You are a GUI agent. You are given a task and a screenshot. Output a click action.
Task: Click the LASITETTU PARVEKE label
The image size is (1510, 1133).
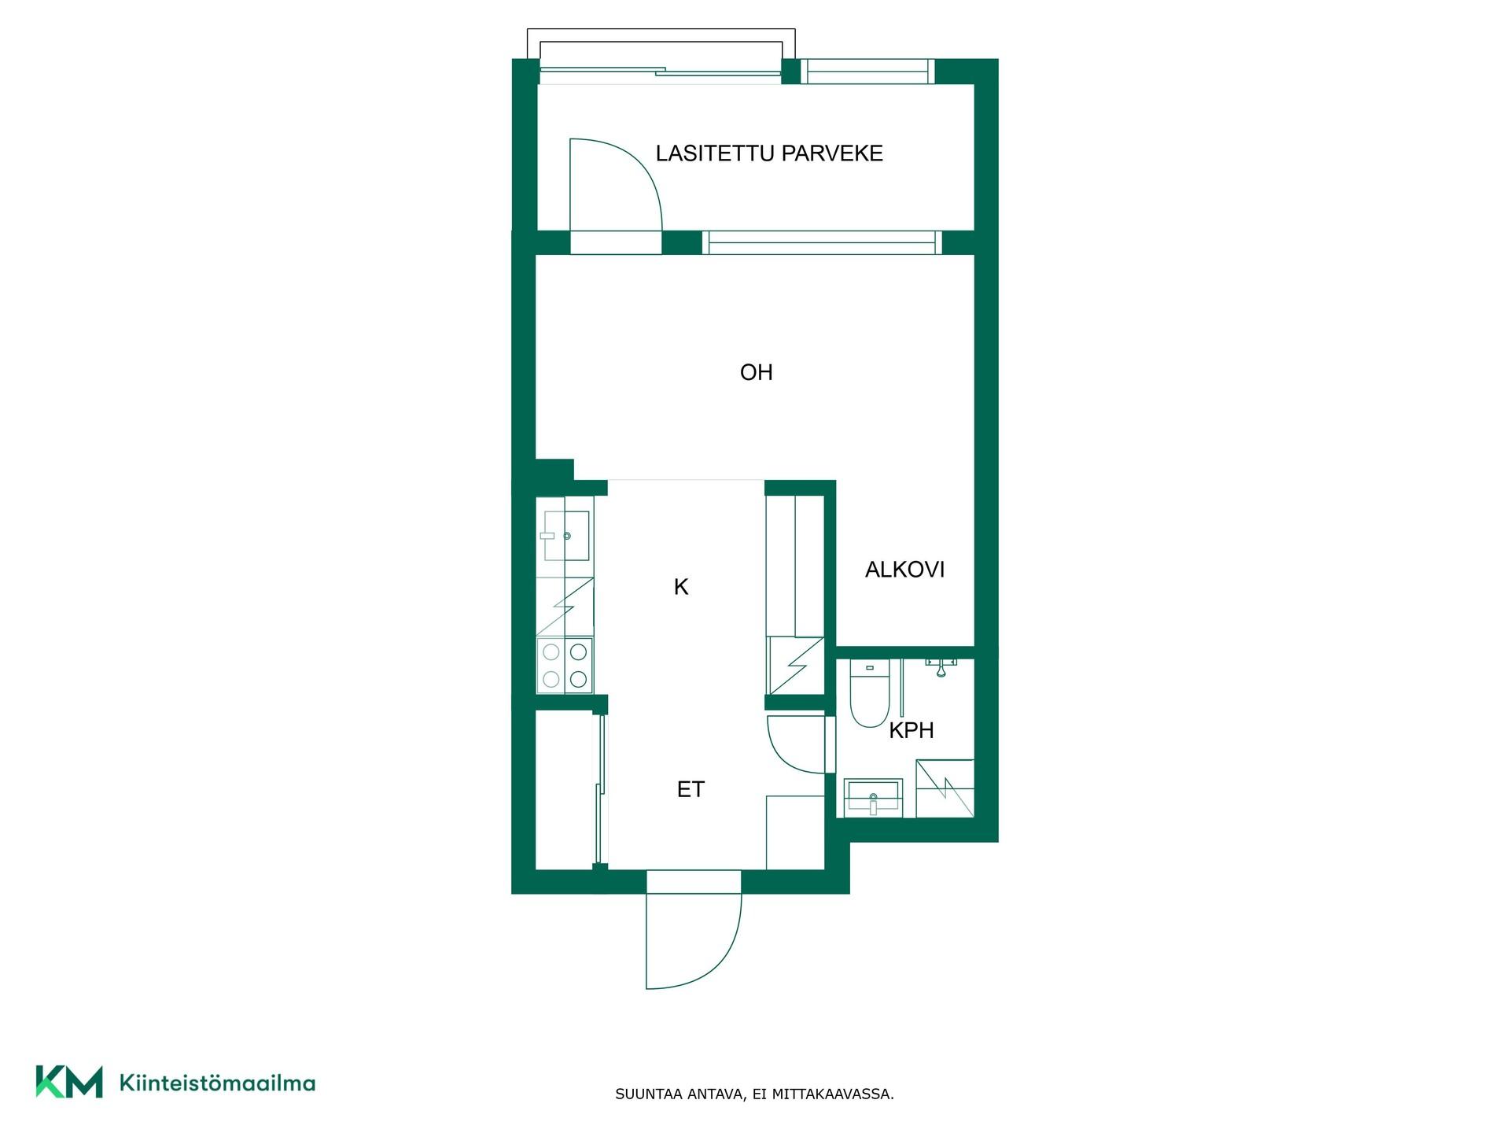pos(769,153)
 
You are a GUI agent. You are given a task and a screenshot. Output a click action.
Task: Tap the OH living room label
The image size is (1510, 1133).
pos(757,372)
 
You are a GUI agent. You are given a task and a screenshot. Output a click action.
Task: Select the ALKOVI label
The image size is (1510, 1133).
pos(904,570)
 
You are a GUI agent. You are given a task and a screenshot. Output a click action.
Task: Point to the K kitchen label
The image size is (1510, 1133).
pos(681,587)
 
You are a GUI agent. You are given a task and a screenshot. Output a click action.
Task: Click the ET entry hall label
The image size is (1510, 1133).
pos(691,789)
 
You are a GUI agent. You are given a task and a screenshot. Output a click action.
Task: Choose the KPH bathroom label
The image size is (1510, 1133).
pos(912,730)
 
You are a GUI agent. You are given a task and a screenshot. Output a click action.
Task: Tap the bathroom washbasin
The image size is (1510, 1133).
pos(873,798)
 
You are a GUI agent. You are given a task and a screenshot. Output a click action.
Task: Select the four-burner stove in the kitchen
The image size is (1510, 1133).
pos(565,665)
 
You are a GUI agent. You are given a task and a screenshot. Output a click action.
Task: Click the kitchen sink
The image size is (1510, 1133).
pos(565,536)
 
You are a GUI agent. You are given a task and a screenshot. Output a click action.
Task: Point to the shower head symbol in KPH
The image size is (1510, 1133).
pos(941,667)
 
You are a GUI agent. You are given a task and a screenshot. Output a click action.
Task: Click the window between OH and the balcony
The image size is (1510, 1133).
pos(822,242)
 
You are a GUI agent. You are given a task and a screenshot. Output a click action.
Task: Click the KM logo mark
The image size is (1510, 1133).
pos(69,1082)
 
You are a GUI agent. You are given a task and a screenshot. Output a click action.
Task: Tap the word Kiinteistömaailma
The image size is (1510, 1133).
pos(217,1083)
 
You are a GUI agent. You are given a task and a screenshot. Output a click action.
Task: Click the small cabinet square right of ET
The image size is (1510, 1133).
pos(795,832)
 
